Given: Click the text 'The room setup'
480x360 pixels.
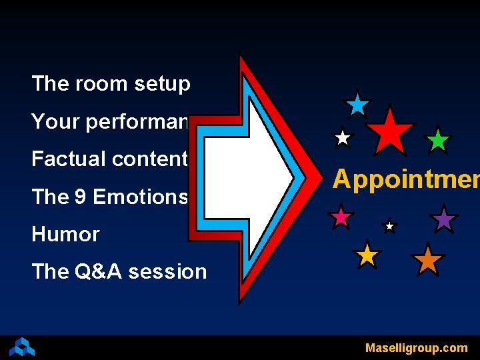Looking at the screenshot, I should (x=111, y=84).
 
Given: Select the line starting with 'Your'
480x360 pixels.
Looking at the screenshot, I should (x=111, y=122).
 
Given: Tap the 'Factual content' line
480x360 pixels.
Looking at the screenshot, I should (x=109, y=159).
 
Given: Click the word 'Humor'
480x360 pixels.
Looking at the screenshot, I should (x=65, y=235).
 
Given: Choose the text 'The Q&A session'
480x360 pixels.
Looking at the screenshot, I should (x=119, y=272).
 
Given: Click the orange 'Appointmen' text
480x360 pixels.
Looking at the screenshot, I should (x=405, y=179).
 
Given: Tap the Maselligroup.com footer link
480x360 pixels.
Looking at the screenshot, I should (x=416, y=348).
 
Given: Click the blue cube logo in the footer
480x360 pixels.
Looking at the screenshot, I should (x=22, y=347).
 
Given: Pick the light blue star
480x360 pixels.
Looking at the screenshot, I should (x=358, y=105).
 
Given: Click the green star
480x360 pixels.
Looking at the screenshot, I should (x=438, y=141).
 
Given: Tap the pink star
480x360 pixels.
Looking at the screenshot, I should (x=341, y=217).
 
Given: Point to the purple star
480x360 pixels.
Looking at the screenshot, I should (x=443, y=219).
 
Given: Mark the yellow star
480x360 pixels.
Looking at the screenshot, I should (x=367, y=255).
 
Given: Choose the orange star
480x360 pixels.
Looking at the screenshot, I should (x=427, y=260).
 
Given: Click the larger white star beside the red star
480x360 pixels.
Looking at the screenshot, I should (x=343, y=138).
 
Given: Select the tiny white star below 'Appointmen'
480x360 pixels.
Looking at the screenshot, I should (x=390, y=227).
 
